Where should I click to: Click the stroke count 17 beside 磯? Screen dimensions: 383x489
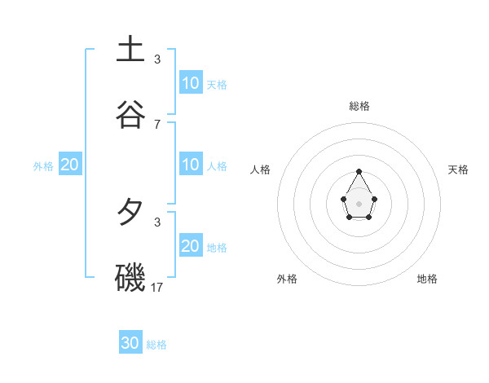157,287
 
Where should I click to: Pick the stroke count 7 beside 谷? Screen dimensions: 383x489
157,124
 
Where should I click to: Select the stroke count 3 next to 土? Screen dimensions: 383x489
157,59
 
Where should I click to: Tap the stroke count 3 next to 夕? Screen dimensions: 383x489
157,222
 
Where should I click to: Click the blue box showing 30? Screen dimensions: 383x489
130,343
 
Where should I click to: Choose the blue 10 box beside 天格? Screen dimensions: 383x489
191,83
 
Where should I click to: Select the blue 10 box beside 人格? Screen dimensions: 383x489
191,165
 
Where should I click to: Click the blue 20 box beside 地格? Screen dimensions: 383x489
191,246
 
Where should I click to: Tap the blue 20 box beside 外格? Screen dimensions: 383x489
70,165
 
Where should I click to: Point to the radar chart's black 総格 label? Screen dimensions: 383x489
359,106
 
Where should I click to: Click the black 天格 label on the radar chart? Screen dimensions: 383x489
459,169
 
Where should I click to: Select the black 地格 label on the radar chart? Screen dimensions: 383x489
427,279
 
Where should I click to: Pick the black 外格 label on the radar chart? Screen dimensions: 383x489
287,279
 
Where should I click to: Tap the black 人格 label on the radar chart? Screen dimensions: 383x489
261,169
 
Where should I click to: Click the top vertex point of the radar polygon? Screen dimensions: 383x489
359,171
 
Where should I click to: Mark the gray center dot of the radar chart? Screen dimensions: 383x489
359,203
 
